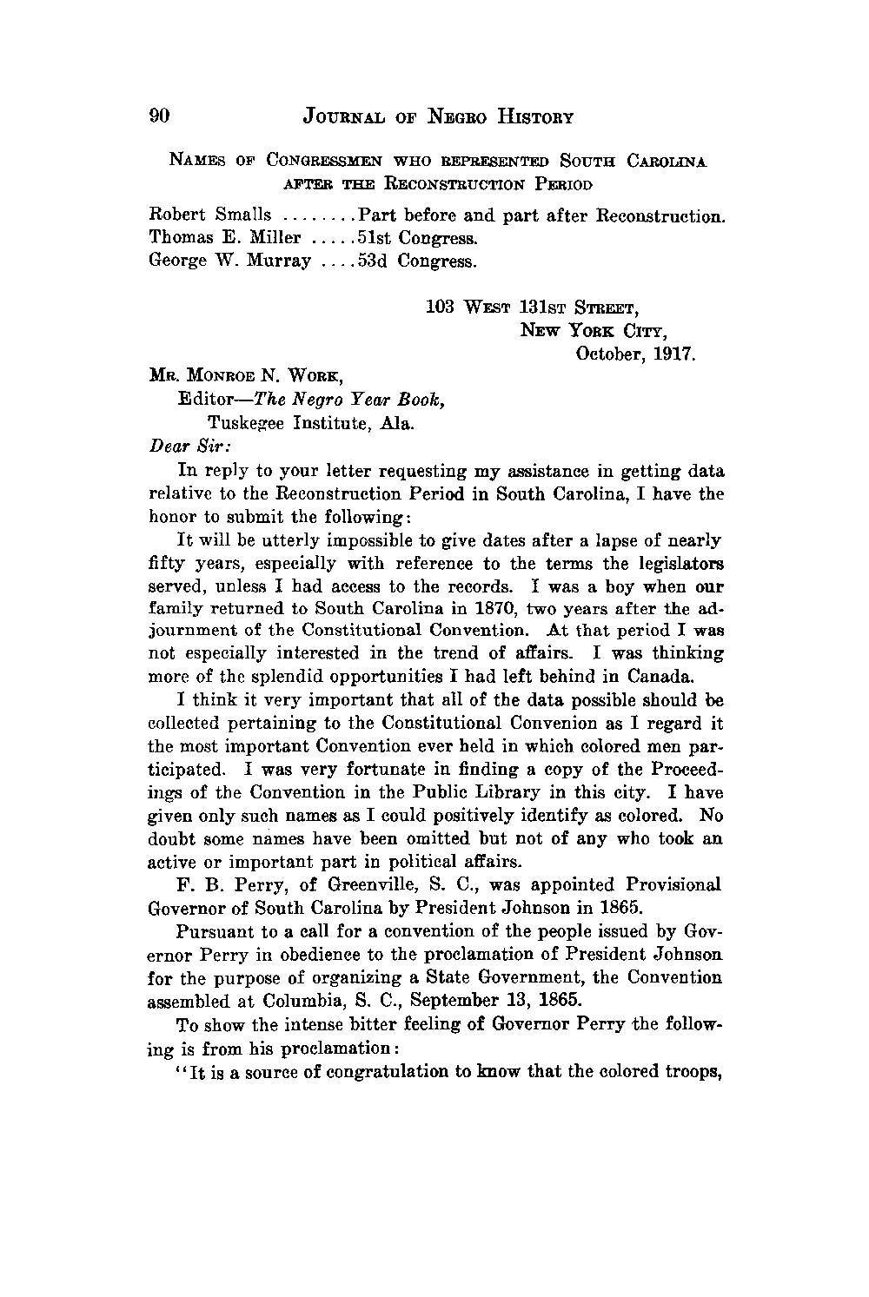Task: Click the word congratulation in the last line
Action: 388,1071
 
